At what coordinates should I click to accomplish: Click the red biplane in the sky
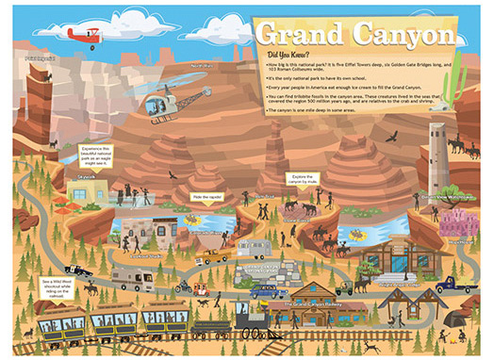pyautogui.click(x=84, y=35)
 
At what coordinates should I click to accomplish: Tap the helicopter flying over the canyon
pyautogui.click(x=170, y=104)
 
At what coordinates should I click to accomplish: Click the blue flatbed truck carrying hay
pyautogui.click(x=463, y=282)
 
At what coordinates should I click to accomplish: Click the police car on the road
pyautogui.click(x=80, y=270)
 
